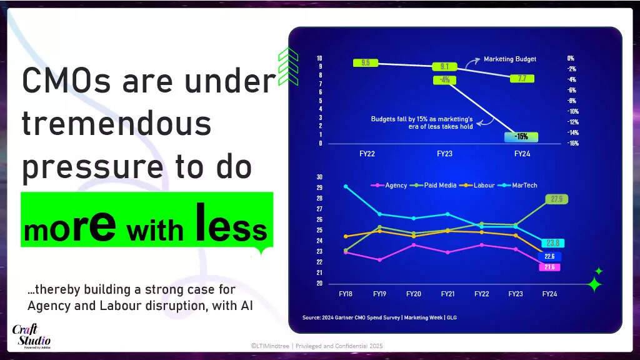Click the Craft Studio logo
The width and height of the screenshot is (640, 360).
tap(31, 336)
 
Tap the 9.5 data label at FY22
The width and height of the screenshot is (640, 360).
tap(365, 62)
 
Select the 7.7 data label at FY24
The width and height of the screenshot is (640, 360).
tap(522, 78)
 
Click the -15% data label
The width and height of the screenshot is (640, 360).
tap(521, 137)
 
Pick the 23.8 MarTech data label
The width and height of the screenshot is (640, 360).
tap(552, 243)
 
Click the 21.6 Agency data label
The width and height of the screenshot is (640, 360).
tap(549, 267)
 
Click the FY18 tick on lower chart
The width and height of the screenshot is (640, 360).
tap(346, 293)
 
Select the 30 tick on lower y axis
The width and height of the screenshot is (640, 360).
tap(319, 177)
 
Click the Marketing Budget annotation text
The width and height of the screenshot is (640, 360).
tap(510, 59)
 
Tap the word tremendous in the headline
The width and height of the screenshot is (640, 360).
tap(117, 124)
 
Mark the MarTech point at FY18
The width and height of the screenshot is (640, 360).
tap(346, 186)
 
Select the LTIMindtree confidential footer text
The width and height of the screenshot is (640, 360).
tap(316, 346)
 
